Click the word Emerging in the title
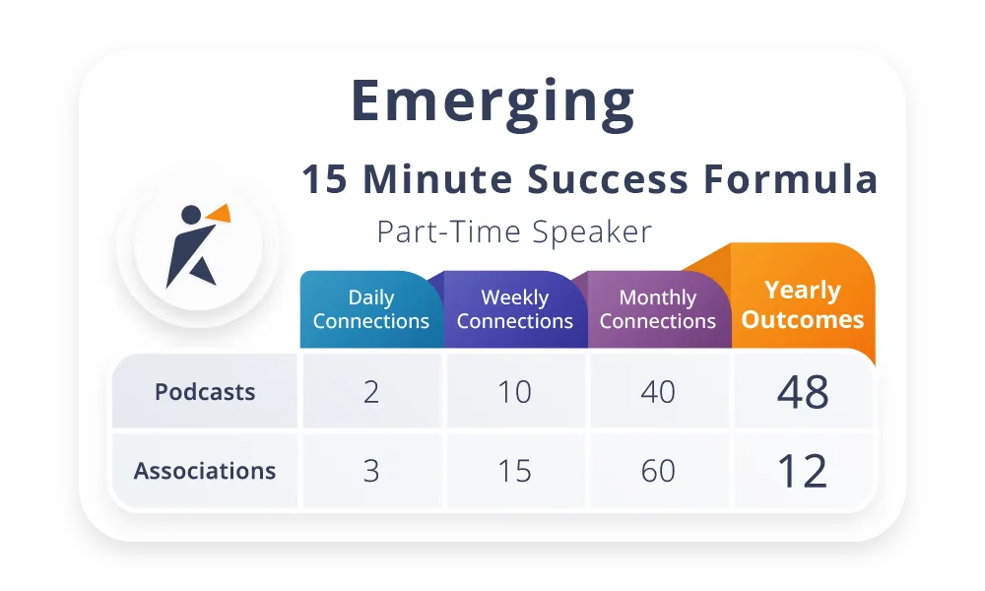click(492, 103)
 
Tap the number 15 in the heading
click(324, 179)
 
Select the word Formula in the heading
click(790, 179)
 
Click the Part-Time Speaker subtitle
click(514, 231)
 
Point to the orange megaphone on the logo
click(220, 214)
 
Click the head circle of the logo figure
click(191, 215)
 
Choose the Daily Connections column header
click(371, 309)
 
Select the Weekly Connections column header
click(514, 309)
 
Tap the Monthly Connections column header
click(658, 309)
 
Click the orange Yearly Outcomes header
click(803, 304)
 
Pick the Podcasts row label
click(205, 392)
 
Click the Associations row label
click(205, 471)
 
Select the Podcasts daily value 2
click(371, 392)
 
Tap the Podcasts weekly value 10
click(514, 392)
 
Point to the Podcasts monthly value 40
click(658, 392)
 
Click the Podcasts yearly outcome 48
click(803, 392)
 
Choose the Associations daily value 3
click(371, 471)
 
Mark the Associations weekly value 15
click(514, 471)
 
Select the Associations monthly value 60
click(658, 471)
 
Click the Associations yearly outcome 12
click(802, 471)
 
